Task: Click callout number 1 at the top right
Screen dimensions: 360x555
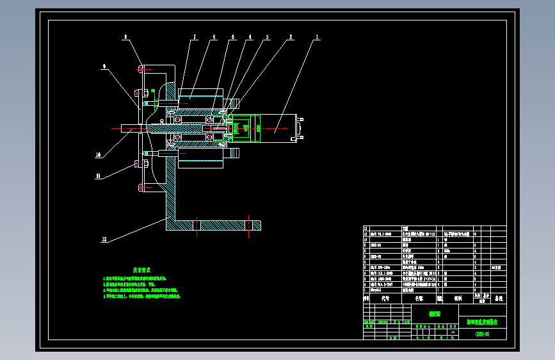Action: click(316, 38)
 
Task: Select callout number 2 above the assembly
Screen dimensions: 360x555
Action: click(291, 38)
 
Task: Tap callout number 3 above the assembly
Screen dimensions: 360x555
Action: click(268, 38)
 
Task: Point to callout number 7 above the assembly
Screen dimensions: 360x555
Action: click(194, 38)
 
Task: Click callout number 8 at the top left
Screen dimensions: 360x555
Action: click(125, 38)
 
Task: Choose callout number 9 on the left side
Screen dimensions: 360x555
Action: click(104, 66)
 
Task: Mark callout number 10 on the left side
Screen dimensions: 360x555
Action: click(98, 154)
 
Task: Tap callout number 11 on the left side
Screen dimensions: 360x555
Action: click(98, 176)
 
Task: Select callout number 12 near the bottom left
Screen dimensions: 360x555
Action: click(104, 240)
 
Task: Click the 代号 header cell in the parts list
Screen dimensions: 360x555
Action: click(385, 299)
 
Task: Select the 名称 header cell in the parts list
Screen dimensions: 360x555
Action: click(419, 299)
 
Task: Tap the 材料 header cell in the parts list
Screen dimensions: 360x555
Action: click(457, 299)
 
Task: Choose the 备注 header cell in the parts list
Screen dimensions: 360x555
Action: click(498, 299)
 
